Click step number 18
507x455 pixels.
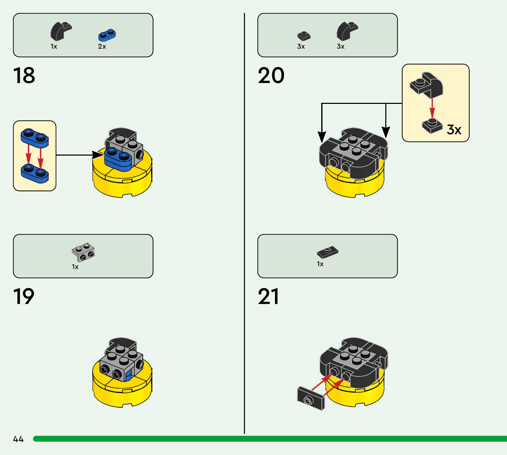[x=24, y=75]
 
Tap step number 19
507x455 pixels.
[x=24, y=296]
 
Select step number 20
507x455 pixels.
[x=271, y=75]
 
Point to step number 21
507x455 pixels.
[x=268, y=296]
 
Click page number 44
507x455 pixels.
[x=18, y=439]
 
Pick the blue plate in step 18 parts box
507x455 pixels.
[x=107, y=35]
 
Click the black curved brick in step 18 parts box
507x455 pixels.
[x=61, y=31]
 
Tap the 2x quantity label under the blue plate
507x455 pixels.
[x=102, y=46]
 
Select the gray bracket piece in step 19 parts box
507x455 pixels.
[x=83, y=252]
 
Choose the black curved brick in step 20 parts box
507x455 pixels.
[x=347, y=31]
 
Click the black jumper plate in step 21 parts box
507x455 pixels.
[x=328, y=252]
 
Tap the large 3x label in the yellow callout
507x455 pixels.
[x=454, y=129]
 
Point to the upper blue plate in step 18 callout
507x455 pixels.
[x=35, y=138]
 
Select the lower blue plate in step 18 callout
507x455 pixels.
[x=35, y=173]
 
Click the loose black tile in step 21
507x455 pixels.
[x=311, y=398]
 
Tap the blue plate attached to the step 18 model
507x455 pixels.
[x=118, y=159]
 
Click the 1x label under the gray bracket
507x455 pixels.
[x=75, y=267]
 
